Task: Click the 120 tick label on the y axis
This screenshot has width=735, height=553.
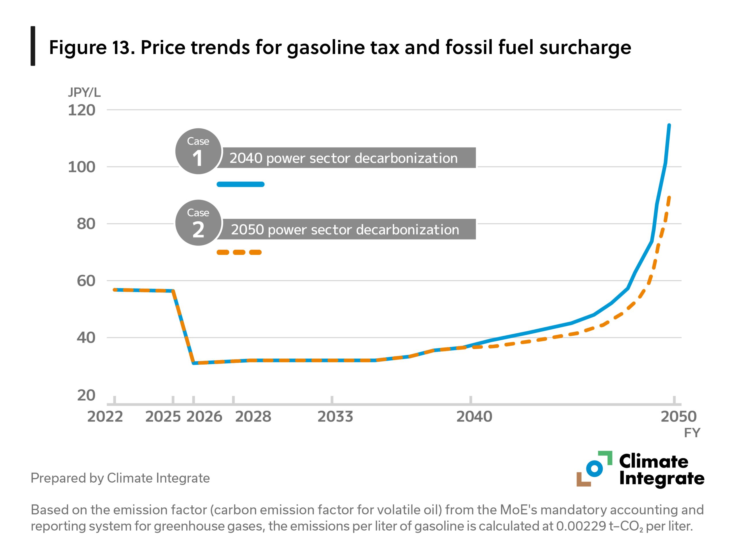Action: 82,110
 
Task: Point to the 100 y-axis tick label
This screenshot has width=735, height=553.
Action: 82,167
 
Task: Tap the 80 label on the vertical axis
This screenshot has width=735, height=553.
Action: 86,224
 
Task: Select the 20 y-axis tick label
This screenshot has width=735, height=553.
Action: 86,395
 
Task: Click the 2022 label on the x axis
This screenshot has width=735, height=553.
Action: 105,417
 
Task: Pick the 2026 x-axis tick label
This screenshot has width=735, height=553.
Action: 204,417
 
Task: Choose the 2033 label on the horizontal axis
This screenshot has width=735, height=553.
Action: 335,417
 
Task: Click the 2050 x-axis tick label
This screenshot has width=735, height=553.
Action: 678,417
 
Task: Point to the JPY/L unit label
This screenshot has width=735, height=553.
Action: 84,92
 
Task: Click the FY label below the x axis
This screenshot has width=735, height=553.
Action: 692,433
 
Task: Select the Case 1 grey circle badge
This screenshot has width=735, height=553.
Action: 198,151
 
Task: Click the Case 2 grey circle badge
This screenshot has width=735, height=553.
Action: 198,223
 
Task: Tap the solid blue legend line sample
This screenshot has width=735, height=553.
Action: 241,184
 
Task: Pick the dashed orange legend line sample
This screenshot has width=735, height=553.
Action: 239,253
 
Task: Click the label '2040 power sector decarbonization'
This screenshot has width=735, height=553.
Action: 344,158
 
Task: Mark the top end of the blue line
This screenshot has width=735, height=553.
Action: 669,125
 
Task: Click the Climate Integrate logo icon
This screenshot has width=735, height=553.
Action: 594,469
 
